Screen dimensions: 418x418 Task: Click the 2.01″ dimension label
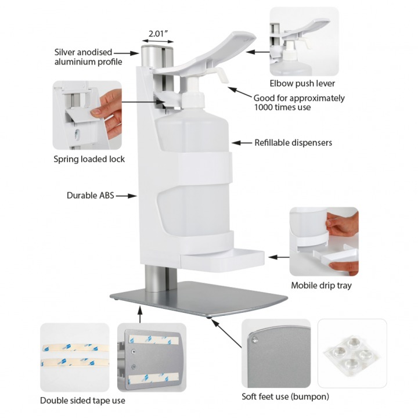pos(158,34)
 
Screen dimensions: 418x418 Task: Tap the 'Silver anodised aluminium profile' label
pos(87,57)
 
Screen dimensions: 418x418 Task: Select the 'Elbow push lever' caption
pos(302,84)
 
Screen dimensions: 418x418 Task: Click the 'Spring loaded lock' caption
pos(89,159)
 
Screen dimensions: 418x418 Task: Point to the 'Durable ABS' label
pos(90,196)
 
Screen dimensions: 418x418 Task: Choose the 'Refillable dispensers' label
pos(293,142)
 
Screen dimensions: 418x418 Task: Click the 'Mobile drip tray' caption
pos(321,286)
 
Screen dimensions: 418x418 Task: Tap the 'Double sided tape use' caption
pos(82,401)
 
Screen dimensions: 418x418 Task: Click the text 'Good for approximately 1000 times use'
pos(299,102)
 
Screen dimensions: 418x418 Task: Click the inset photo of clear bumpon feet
pos(352,353)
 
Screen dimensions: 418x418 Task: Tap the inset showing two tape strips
pos(74,357)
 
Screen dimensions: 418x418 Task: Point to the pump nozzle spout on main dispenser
pos(222,74)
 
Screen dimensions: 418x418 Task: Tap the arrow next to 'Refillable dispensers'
pos(242,142)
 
